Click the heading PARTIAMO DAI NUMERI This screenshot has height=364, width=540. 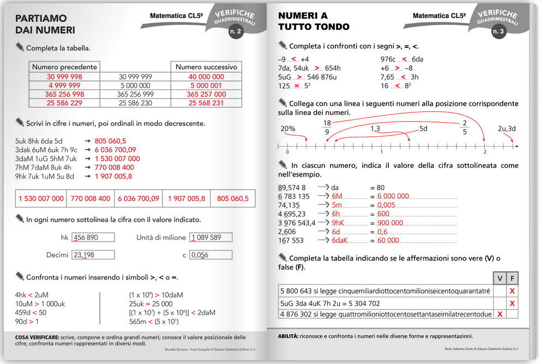pyautogui.click(x=45, y=25)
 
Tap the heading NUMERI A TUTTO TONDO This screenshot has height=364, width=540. pyautogui.click(x=314, y=21)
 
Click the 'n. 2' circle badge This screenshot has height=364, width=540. pyautogui.click(x=236, y=32)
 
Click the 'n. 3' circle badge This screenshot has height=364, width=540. pyautogui.click(x=499, y=32)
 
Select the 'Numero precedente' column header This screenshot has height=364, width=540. pyautogui.click(x=64, y=67)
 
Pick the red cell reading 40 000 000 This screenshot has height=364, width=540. pyautogui.click(x=206, y=77)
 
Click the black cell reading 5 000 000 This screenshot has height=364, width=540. pyautogui.click(x=135, y=86)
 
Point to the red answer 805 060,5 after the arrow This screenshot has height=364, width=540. pyautogui.click(x=110, y=141)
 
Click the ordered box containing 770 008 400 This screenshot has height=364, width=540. pyautogui.click(x=91, y=199)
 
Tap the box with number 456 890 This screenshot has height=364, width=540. pyautogui.click(x=93, y=238)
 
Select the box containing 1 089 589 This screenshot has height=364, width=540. pyautogui.click(x=211, y=238)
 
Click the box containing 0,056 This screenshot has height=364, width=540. pyautogui.click(x=211, y=255)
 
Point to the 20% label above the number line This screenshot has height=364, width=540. pyautogui.click(x=287, y=129)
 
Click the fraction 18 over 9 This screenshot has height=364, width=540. pyautogui.click(x=327, y=127)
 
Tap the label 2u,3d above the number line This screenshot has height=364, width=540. pyautogui.click(x=507, y=129)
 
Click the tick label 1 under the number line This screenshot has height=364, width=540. pyautogui.click(x=381, y=152)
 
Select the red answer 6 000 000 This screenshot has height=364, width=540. pyautogui.click(x=393, y=196)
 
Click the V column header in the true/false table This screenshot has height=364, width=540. pyautogui.click(x=499, y=278)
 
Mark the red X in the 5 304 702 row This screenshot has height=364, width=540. pyautogui.click(x=512, y=303)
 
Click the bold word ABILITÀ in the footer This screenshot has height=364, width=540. pyautogui.click(x=288, y=336)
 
